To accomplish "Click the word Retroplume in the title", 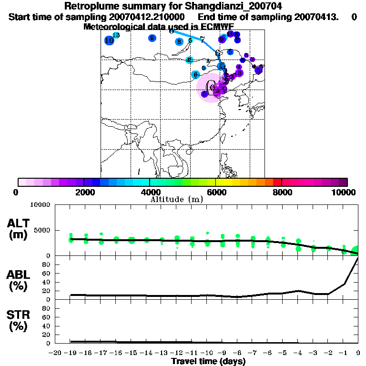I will click(x=90, y=7).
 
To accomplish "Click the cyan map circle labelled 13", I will click(x=116, y=36).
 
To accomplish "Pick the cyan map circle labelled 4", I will click(x=189, y=60).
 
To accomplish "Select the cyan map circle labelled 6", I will click(x=195, y=75).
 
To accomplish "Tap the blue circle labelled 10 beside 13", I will click(x=109, y=41).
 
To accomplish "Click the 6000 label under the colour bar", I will click(x=216, y=193).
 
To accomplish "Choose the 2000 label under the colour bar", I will click(x=84, y=193).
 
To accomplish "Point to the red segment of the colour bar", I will click(x=276, y=182).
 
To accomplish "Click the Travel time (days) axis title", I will click(x=208, y=361).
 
